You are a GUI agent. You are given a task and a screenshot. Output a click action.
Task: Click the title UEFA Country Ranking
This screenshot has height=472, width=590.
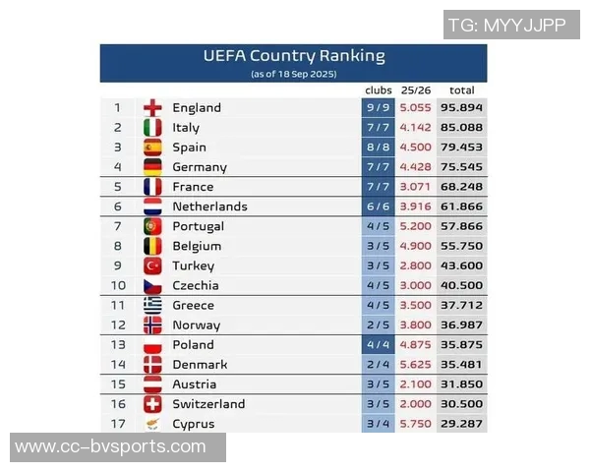tap(294, 56)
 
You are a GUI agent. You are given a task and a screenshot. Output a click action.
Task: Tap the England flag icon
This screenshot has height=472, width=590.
tap(152, 108)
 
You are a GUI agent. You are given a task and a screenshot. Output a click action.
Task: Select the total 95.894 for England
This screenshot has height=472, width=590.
tap(461, 108)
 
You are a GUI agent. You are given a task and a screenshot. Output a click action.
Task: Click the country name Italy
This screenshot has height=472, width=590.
tap(186, 128)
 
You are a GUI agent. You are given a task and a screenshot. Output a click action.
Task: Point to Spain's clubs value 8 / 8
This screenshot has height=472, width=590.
tap(379, 147)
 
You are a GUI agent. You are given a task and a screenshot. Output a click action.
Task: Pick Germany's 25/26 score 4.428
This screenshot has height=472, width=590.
tap(416, 167)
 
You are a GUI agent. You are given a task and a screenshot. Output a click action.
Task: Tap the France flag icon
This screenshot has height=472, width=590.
tap(152, 187)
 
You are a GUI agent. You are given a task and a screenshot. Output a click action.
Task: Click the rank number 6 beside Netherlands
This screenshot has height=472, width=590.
tap(118, 206)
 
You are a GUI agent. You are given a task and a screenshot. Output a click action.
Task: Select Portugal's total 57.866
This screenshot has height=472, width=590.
tap(461, 226)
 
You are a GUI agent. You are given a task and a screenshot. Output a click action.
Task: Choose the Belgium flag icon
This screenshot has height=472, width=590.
tap(152, 246)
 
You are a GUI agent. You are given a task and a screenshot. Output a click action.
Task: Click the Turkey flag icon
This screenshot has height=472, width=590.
tap(152, 265)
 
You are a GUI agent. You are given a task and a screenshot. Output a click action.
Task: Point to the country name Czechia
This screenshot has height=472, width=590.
tap(195, 285)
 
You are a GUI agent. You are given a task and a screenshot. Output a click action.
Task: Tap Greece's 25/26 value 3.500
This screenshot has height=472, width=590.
tap(416, 305)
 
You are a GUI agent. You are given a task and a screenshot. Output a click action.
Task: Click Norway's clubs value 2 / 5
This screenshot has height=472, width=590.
tap(379, 324)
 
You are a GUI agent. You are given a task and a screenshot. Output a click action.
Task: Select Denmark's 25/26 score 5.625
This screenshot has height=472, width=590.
tap(416, 364)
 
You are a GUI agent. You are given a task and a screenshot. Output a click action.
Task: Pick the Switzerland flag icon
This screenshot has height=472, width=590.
tap(152, 404)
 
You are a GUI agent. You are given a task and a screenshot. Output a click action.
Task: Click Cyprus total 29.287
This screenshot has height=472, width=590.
tap(461, 424)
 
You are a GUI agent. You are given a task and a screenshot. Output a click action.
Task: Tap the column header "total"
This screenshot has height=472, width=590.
tap(461, 90)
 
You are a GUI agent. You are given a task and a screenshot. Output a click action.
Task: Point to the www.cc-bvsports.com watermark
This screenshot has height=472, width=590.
tap(111, 447)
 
